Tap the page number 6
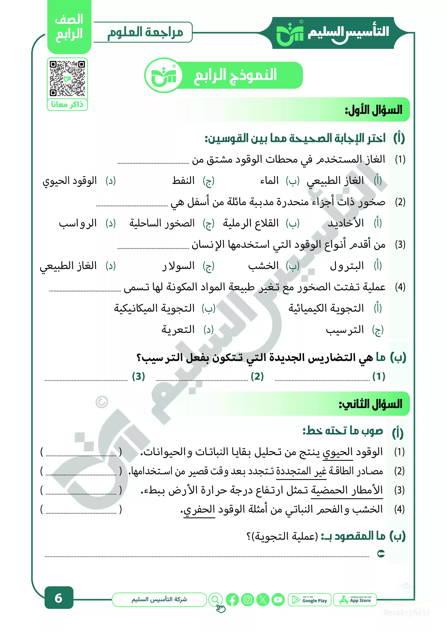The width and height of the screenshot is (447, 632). (x=59, y=598)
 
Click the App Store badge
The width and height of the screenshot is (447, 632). (x=355, y=600)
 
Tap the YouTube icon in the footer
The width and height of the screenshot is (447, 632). (x=278, y=600)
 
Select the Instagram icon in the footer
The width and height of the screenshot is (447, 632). (x=248, y=600)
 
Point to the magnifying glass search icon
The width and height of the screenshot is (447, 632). (x=215, y=599)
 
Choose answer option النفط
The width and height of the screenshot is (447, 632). (x=183, y=181)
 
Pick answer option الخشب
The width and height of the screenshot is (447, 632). (x=263, y=266)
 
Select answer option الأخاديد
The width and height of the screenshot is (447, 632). (x=346, y=223)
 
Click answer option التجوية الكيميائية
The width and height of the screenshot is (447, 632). (x=326, y=308)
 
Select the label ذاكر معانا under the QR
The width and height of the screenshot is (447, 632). (x=67, y=105)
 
